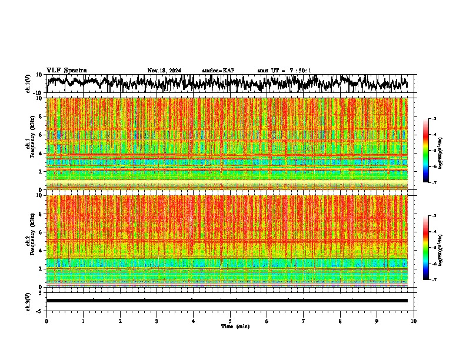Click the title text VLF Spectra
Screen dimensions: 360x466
(x=66, y=71)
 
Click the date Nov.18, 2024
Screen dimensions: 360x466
(x=164, y=71)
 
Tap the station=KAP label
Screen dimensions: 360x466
(x=218, y=71)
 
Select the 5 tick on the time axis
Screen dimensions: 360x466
(x=230, y=321)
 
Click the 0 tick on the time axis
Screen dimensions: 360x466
(x=46, y=321)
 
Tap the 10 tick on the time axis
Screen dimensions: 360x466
(x=414, y=321)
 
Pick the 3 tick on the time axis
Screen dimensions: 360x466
(x=157, y=321)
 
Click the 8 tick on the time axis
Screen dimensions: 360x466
(x=341, y=321)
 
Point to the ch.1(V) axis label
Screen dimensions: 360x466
(x=28, y=84)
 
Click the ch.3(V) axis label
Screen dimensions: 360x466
(x=28, y=301)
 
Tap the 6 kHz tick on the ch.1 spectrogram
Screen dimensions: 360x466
(x=41, y=135)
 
